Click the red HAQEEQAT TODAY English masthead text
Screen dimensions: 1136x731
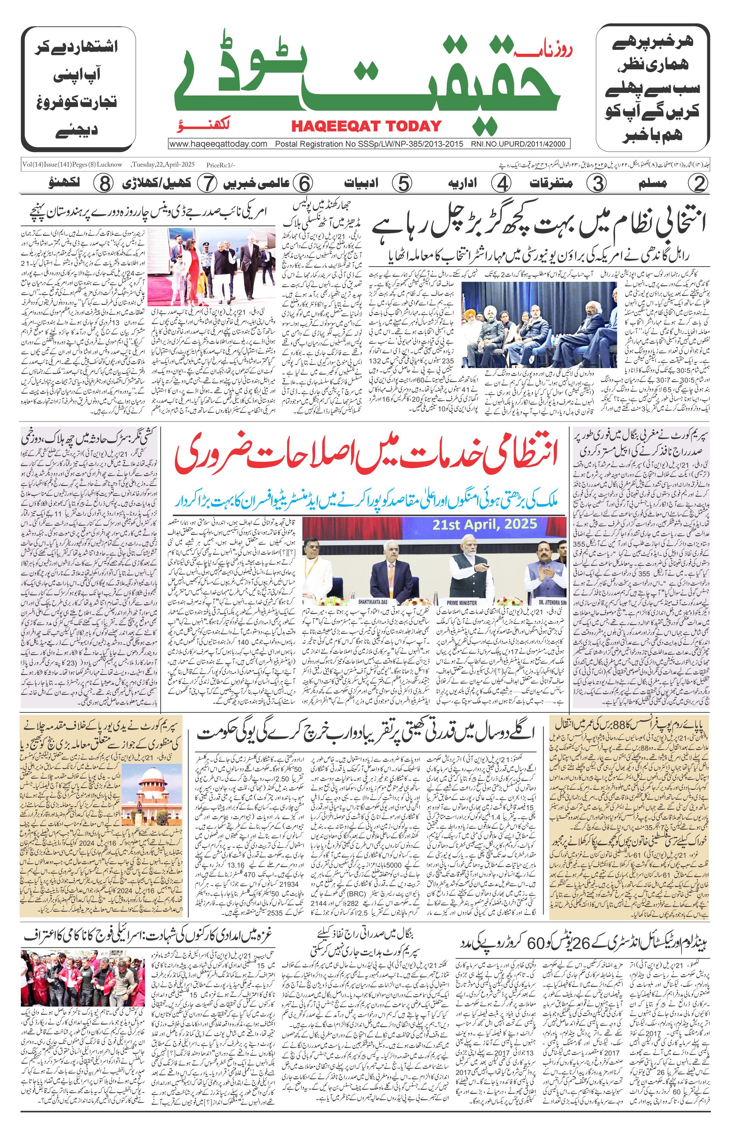point(366,126)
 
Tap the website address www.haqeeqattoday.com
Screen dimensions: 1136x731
point(218,144)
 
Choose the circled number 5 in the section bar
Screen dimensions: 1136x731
point(403,183)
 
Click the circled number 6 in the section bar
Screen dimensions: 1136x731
point(302,183)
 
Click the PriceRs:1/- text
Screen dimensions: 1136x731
point(221,165)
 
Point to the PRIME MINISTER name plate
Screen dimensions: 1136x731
point(462,602)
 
